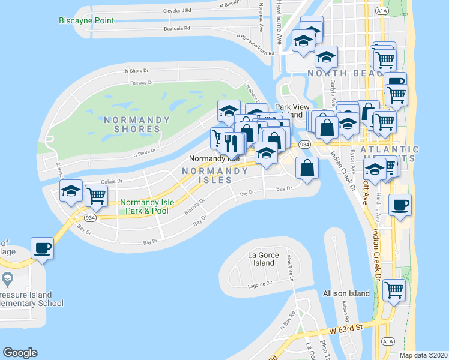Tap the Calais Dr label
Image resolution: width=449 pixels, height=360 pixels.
pyautogui.click(x=112, y=181)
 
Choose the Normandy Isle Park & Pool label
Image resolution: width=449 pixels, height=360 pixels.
pyautogui.click(x=147, y=206)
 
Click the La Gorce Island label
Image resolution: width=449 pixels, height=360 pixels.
pyautogui.click(x=261, y=259)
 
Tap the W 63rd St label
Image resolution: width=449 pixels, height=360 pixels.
pyautogui.click(x=347, y=328)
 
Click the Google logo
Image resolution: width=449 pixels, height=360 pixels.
pyautogui.click(x=20, y=353)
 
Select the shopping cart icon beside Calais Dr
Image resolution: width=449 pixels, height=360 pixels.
pyautogui.click(x=96, y=194)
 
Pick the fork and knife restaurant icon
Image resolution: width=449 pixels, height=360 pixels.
pyautogui.click(x=232, y=142)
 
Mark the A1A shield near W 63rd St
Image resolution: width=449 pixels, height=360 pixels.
pyautogui.click(x=388, y=341)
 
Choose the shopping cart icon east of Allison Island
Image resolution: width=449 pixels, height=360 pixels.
pyautogui.click(x=394, y=290)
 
